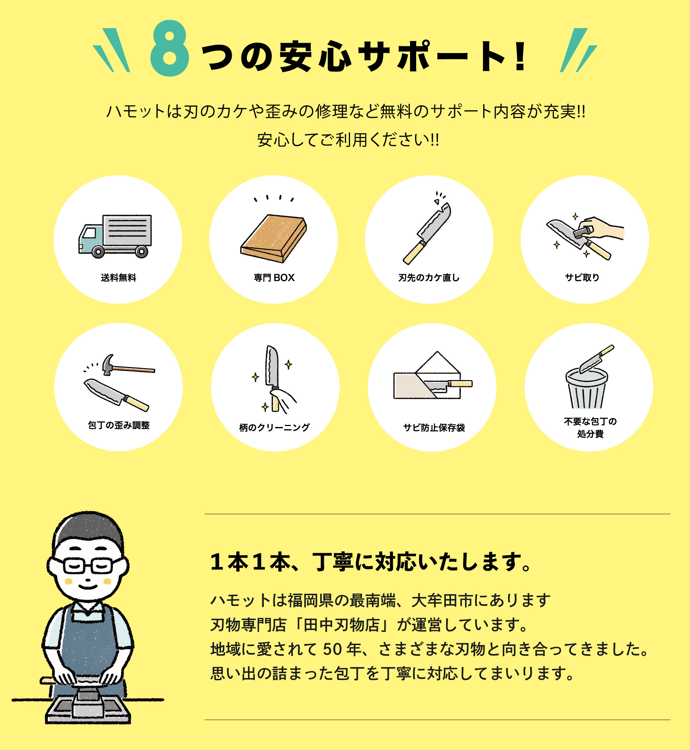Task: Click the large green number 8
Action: (170, 48)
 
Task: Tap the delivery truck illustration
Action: (115, 236)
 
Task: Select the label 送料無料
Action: (118, 278)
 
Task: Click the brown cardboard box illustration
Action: (274, 239)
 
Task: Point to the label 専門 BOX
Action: (274, 278)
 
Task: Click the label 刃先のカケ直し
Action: (429, 278)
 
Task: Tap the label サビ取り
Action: (582, 278)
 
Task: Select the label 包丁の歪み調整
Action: (119, 425)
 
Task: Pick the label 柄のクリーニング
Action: (275, 427)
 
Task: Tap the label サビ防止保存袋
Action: (434, 427)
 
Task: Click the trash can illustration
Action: (586, 388)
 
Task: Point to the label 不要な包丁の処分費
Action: (590, 427)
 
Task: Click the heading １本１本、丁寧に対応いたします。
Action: (371, 562)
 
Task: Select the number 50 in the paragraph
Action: (333, 650)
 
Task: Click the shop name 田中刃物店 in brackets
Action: (342, 625)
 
